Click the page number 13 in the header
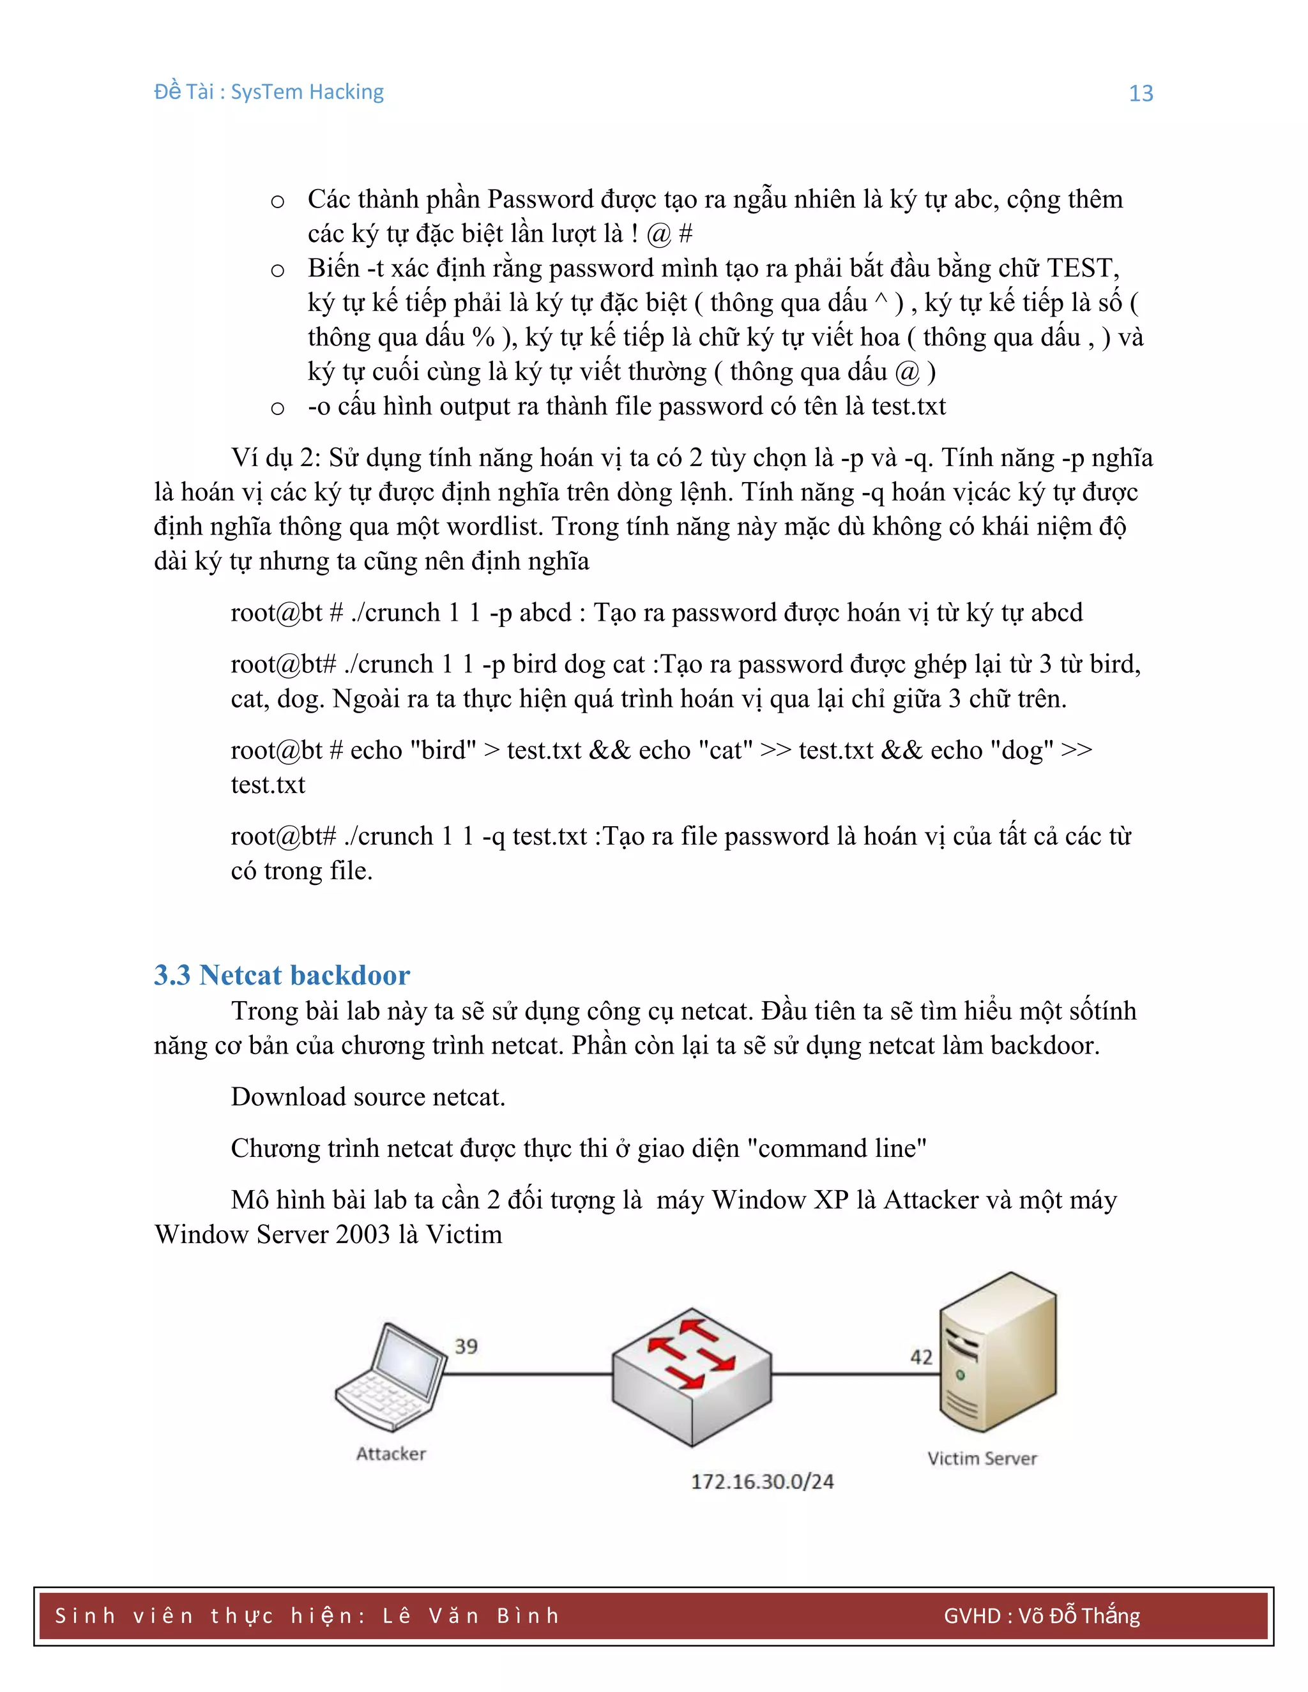tap(1141, 94)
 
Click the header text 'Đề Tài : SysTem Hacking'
tap(269, 92)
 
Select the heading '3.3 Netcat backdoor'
tap(281, 974)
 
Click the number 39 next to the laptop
tap(466, 1347)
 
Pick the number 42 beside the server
tap(922, 1357)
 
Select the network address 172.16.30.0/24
tap(762, 1481)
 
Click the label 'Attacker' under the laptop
tap(392, 1453)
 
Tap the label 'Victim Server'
tap(982, 1458)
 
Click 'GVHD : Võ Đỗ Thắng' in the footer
tap(1042, 1615)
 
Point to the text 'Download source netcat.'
tap(368, 1096)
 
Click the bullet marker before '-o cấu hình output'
tap(277, 408)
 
